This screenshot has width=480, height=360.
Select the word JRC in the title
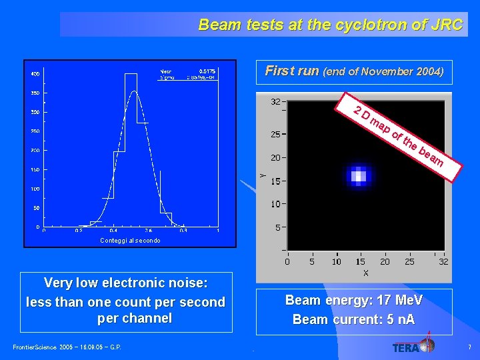pyautogui.click(x=447, y=25)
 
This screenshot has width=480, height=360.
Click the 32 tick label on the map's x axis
pyautogui.click(x=443, y=261)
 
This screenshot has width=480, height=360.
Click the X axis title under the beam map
pyautogui.click(x=366, y=273)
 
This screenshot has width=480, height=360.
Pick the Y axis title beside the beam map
pyautogui.click(x=261, y=175)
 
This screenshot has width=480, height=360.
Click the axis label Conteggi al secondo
pyautogui.click(x=130, y=240)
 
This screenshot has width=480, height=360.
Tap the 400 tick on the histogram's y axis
pyautogui.click(x=34, y=73)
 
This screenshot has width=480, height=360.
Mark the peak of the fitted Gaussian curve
pyautogui.click(x=134, y=91)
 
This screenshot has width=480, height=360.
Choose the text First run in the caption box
pyautogui.click(x=292, y=71)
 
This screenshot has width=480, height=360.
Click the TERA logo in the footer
pyautogui.click(x=413, y=345)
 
